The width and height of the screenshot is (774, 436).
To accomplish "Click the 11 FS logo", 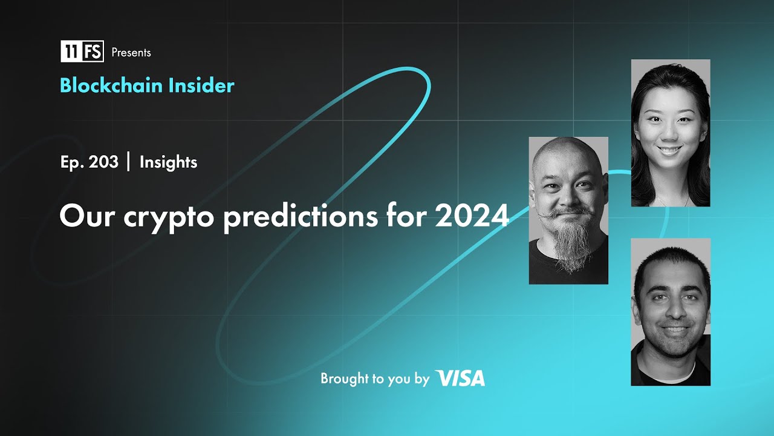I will [x=82, y=51].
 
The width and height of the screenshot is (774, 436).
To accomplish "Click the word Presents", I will [x=131, y=53].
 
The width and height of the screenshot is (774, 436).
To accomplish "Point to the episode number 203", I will [x=103, y=162].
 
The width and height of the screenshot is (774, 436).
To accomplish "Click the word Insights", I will [x=168, y=162].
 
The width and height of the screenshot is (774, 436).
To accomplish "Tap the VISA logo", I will [x=460, y=378].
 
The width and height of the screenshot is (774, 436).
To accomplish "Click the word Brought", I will [x=344, y=379].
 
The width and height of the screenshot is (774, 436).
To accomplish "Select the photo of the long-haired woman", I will [x=671, y=133].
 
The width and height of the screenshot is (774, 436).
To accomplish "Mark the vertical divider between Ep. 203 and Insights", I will [x=129, y=162].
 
